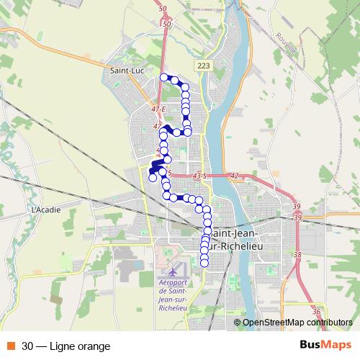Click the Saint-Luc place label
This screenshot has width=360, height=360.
[x=125, y=71]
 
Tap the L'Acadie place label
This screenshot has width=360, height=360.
[x=44, y=210]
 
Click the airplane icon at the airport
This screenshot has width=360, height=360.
[x=174, y=272]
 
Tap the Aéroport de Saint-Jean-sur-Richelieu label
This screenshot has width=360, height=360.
[x=173, y=295]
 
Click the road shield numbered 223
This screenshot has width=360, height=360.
[x=204, y=66]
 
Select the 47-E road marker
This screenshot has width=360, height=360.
[x=158, y=109]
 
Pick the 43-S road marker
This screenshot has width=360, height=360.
[x=199, y=175]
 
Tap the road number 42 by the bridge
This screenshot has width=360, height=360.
[x=235, y=175]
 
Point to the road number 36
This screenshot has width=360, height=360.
[x=317, y=311]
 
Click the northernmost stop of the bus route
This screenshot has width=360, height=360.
[x=164, y=77]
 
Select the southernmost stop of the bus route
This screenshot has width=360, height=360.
[x=204, y=262]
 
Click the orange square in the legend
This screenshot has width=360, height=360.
[x=10, y=346]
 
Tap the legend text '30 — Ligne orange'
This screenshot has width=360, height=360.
[x=66, y=346]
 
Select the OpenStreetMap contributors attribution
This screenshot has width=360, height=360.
[x=297, y=323]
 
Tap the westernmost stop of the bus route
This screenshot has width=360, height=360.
[x=152, y=178]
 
